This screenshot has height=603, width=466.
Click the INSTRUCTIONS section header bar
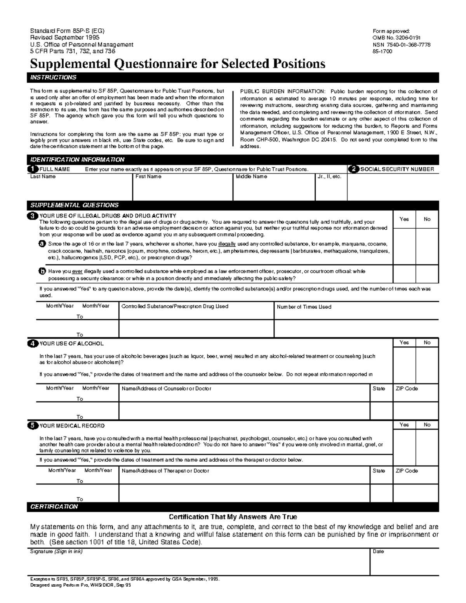[x=233, y=77]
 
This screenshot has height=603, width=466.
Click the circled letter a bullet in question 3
[x=42, y=244]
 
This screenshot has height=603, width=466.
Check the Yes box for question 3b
[x=404, y=274]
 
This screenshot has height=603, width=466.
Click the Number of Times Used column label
[x=304, y=307]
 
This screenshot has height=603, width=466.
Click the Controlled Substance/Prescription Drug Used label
[x=175, y=306]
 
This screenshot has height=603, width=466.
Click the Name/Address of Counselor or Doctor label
[x=166, y=388]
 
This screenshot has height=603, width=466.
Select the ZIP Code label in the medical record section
[x=407, y=471]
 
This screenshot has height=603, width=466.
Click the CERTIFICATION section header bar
[x=233, y=507]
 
